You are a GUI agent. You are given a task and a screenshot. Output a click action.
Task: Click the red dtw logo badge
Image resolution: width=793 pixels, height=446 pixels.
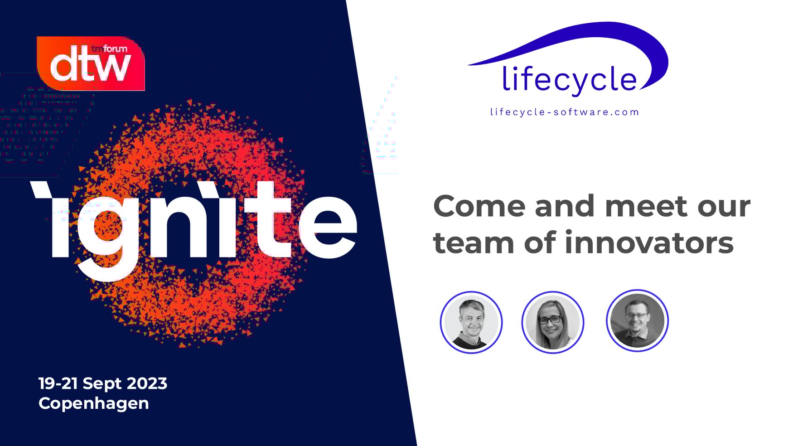click(x=91, y=63)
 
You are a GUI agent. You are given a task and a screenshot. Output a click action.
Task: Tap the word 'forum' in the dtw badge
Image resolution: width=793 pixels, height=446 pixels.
click(x=116, y=48)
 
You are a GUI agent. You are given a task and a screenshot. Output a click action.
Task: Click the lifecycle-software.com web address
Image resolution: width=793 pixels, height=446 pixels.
click(x=565, y=112)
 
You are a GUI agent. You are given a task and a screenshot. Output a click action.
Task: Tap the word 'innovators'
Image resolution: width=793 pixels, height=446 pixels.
click(x=649, y=242)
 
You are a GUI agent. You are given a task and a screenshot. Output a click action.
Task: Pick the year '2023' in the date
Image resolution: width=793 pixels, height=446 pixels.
click(x=147, y=383)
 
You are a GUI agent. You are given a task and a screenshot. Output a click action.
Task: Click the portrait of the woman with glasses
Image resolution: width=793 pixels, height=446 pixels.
click(x=552, y=322)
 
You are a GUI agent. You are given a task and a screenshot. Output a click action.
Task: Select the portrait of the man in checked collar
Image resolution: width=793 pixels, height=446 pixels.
click(x=471, y=322)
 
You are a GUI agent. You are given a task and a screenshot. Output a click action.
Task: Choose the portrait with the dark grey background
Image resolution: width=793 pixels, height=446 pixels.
click(x=637, y=320)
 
